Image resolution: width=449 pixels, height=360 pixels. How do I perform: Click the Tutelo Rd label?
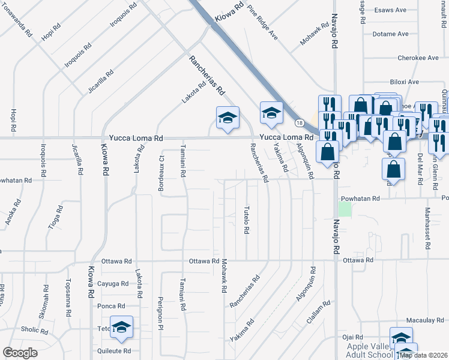[246, 220]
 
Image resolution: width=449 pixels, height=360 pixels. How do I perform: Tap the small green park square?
[344, 209]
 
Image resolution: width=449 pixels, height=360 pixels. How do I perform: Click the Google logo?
[20, 353]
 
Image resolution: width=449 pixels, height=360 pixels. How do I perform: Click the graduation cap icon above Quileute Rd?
[122, 327]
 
